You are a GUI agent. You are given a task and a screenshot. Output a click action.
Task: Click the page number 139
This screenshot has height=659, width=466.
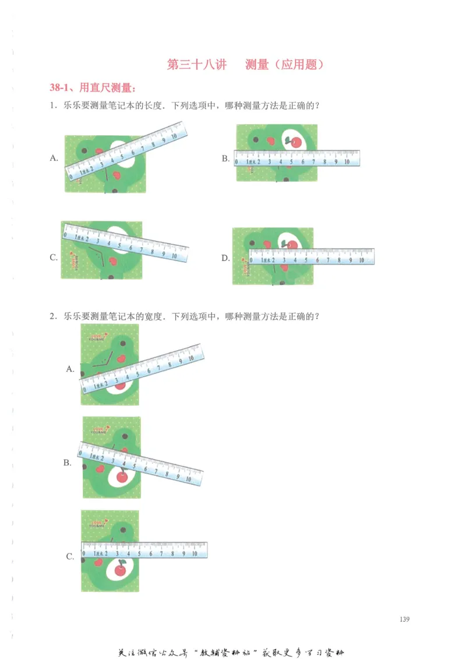click(405, 619)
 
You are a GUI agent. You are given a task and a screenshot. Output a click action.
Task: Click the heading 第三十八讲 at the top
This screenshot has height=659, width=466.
click(196, 65)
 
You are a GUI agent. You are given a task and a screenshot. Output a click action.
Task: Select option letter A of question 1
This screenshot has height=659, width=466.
click(54, 158)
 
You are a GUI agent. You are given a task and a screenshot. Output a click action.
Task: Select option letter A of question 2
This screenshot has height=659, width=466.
click(70, 368)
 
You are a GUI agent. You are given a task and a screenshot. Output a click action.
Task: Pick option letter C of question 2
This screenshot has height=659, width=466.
click(70, 556)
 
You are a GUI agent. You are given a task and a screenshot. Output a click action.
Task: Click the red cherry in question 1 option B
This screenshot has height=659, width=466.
click(295, 142)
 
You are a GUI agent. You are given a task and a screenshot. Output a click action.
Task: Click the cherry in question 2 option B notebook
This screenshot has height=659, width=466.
click(122, 476)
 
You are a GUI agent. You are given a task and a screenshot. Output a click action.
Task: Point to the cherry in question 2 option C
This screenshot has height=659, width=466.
click(121, 569)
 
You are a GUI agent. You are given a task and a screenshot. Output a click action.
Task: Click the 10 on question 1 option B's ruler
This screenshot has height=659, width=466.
click(347, 162)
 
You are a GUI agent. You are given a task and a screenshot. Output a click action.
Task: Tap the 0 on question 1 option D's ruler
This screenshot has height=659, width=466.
click(252, 260)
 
